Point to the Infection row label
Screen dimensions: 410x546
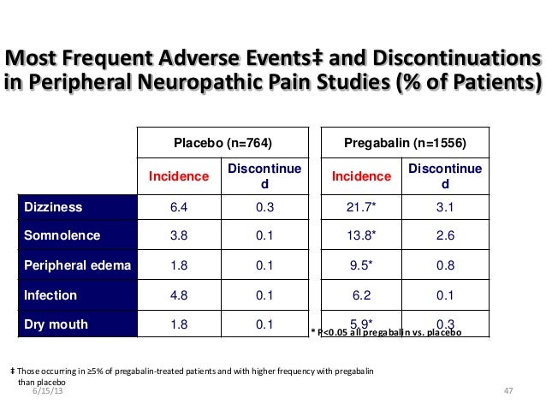50,295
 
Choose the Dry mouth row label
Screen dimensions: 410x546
52,324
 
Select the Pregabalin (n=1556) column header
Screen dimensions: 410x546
405,144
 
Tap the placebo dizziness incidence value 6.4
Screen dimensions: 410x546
179,206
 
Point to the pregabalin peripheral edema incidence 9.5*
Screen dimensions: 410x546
359,265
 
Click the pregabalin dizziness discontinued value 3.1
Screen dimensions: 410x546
445,206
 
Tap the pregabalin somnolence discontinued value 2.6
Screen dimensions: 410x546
445,235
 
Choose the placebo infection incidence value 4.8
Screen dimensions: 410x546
179,295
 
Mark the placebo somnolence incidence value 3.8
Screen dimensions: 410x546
179,235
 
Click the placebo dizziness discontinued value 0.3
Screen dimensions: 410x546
264,206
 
